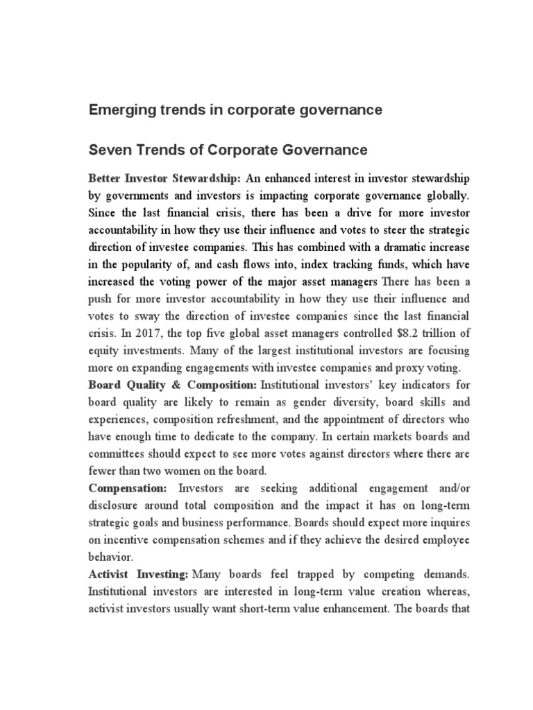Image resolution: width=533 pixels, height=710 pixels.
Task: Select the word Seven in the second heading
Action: point(107,150)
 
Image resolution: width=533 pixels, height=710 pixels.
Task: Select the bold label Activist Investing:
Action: point(139,574)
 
